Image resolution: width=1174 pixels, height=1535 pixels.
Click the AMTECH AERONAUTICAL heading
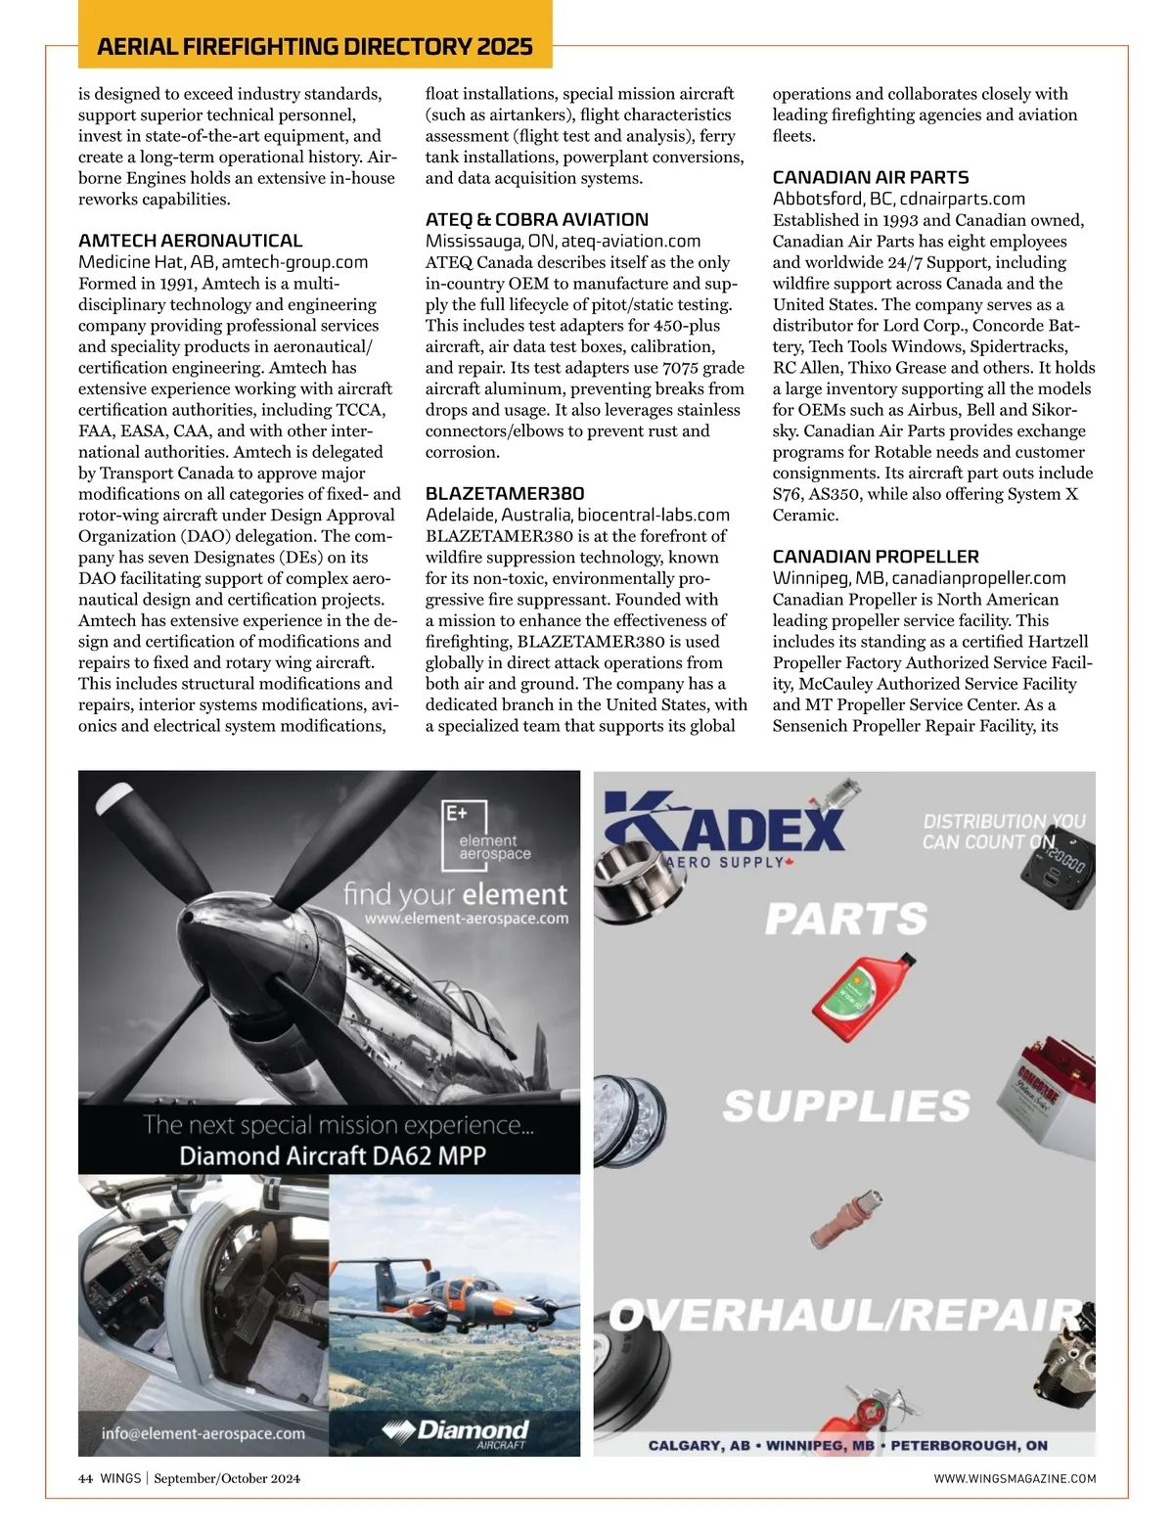tap(190, 241)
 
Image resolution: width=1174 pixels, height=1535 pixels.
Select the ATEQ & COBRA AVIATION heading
tap(536, 220)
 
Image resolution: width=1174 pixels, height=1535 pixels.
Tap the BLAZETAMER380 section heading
tap(504, 494)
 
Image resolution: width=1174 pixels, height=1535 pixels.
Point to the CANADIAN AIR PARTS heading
tap(870, 178)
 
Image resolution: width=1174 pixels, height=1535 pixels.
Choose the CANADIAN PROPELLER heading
tap(875, 557)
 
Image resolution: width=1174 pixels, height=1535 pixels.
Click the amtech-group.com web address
tap(294, 262)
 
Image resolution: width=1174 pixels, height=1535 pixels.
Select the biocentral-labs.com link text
tap(653, 515)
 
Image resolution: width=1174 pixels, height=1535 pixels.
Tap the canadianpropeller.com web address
tap(978, 578)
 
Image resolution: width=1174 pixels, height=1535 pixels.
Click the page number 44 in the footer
tap(85, 1478)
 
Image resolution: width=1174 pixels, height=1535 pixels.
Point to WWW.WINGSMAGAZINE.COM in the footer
tap(1015, 1478)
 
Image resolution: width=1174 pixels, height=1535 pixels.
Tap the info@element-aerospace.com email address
tap(203, 1433)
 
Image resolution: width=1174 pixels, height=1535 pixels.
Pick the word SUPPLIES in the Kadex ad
tap(846, 1106)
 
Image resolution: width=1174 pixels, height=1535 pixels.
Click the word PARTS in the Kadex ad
tap(846, 919)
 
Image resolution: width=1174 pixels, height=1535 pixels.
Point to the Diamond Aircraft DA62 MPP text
tap(332, 1155)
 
